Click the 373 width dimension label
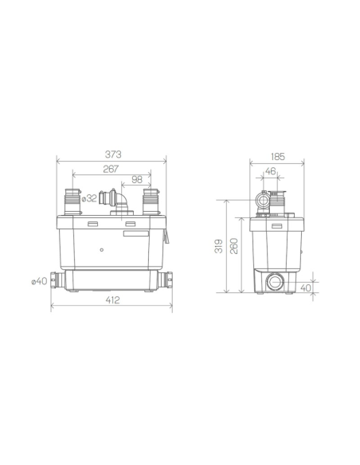(x=113, y=154)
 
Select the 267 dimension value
(x=111, y=169)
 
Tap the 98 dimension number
(x=137, y=179)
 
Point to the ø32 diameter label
(x=89, y=198)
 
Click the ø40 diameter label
(x=40, y=281)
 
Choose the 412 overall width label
(x=112, y=300)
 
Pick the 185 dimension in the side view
(x=278, y=157)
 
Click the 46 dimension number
(x=270, y=171)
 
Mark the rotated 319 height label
(x=219, y=246)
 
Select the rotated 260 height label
(x=234, y=246)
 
